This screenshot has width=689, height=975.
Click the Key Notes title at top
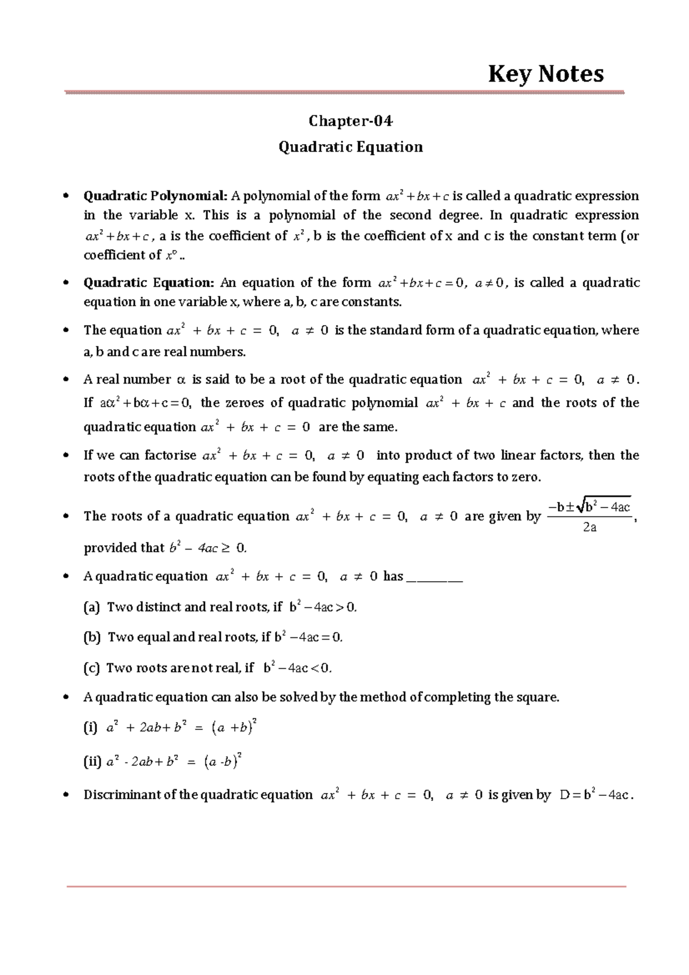(545, 74)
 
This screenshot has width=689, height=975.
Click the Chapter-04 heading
(350, 121)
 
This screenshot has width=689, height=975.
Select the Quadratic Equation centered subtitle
(350, 147)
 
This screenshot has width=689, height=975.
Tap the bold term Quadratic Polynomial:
(156, 196)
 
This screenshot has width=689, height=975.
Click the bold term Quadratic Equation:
(149, 283)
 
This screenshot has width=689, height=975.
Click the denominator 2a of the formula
(589, 527)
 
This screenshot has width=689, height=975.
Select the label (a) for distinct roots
(92, 607)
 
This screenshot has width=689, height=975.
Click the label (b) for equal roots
(92, 637)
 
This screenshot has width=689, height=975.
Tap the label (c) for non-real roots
(92, 668)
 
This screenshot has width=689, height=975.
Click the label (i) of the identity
(90, 728)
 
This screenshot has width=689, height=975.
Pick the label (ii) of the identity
(92, 763)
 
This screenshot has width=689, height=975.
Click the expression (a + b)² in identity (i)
(234, 727)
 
